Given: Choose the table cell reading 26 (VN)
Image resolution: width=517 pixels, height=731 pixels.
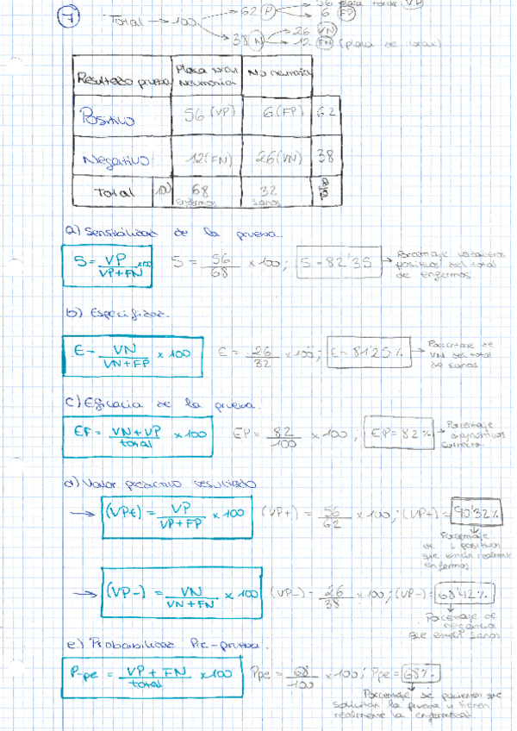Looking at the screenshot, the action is click(276, 159).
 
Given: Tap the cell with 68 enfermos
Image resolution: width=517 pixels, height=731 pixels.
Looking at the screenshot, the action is click(201, 192).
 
